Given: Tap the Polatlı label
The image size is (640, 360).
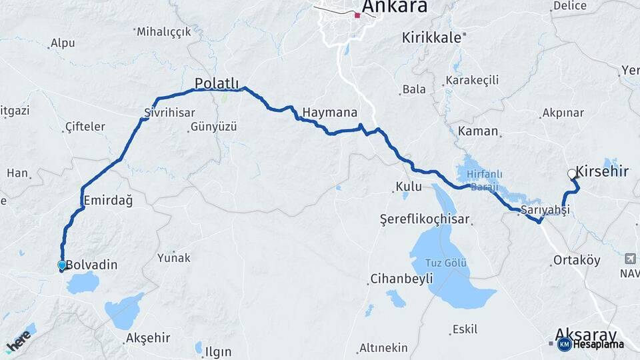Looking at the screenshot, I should click(x=217, y=83).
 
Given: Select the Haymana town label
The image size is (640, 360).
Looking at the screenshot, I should click(x=329, y=112).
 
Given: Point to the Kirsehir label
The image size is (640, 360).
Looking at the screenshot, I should click(x=602, y=172).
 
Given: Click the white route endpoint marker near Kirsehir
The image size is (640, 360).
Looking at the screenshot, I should click(x=572, y=174).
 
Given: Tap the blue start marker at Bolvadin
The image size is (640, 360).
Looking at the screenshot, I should click(x=62, y=265).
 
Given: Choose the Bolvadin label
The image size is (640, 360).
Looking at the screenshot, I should click(x=91, y=265).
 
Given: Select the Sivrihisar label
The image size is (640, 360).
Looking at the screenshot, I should click(x=170, y=113).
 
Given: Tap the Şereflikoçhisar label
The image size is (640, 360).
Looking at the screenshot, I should click(x=425, y=219).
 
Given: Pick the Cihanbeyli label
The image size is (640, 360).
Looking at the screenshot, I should click(x=401, y=279).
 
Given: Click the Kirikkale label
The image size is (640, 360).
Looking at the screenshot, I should click(x=431, y=38).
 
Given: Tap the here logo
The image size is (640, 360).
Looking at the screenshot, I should click(x=19, y=341).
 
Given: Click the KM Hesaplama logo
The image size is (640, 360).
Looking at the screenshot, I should click(x=591, y=344).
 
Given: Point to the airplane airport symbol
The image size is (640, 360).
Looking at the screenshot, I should click(x=630, y=259).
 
